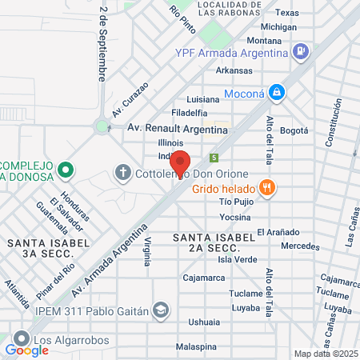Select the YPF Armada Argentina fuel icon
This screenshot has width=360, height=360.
tap(300, 53)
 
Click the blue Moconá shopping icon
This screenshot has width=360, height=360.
tap(276, 92)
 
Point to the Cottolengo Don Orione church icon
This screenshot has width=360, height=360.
tap(122, 172)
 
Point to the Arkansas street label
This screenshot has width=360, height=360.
tap(233, 70)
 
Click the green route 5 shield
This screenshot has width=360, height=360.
tap(214, 157)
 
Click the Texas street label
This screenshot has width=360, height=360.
tap(286, 13)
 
